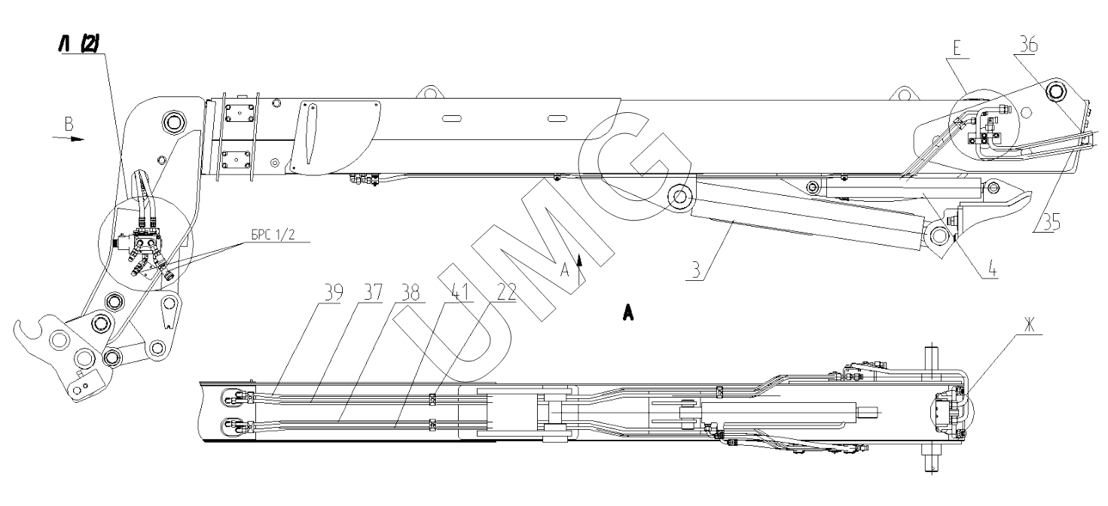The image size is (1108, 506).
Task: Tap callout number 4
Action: (992, 270)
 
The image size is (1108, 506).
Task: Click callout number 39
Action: (334, 293)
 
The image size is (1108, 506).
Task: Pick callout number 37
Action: (374, 293)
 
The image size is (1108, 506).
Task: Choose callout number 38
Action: (411, 293)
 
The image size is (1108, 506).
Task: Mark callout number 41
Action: (460, 293)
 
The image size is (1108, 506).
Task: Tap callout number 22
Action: (506, 293)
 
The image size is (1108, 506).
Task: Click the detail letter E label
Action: (957, 48)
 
